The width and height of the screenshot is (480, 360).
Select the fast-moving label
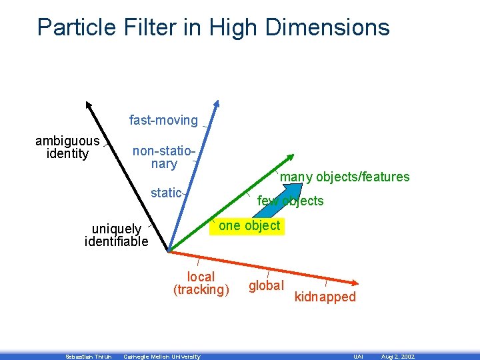163,121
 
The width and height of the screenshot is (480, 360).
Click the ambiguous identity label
67,147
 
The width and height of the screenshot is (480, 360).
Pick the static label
166,193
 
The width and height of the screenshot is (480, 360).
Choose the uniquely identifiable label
117,235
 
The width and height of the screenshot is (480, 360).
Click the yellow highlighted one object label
249,225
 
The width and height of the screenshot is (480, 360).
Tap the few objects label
290,201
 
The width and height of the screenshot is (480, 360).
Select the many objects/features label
345,177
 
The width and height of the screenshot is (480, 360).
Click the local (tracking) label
201,283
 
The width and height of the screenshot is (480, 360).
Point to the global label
266,285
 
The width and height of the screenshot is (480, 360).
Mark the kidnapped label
325,297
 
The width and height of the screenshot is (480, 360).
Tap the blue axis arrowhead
215,106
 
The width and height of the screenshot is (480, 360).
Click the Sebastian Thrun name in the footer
89,357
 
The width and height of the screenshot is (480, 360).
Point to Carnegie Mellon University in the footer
162,357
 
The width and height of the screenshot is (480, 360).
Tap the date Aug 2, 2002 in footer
398,357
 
